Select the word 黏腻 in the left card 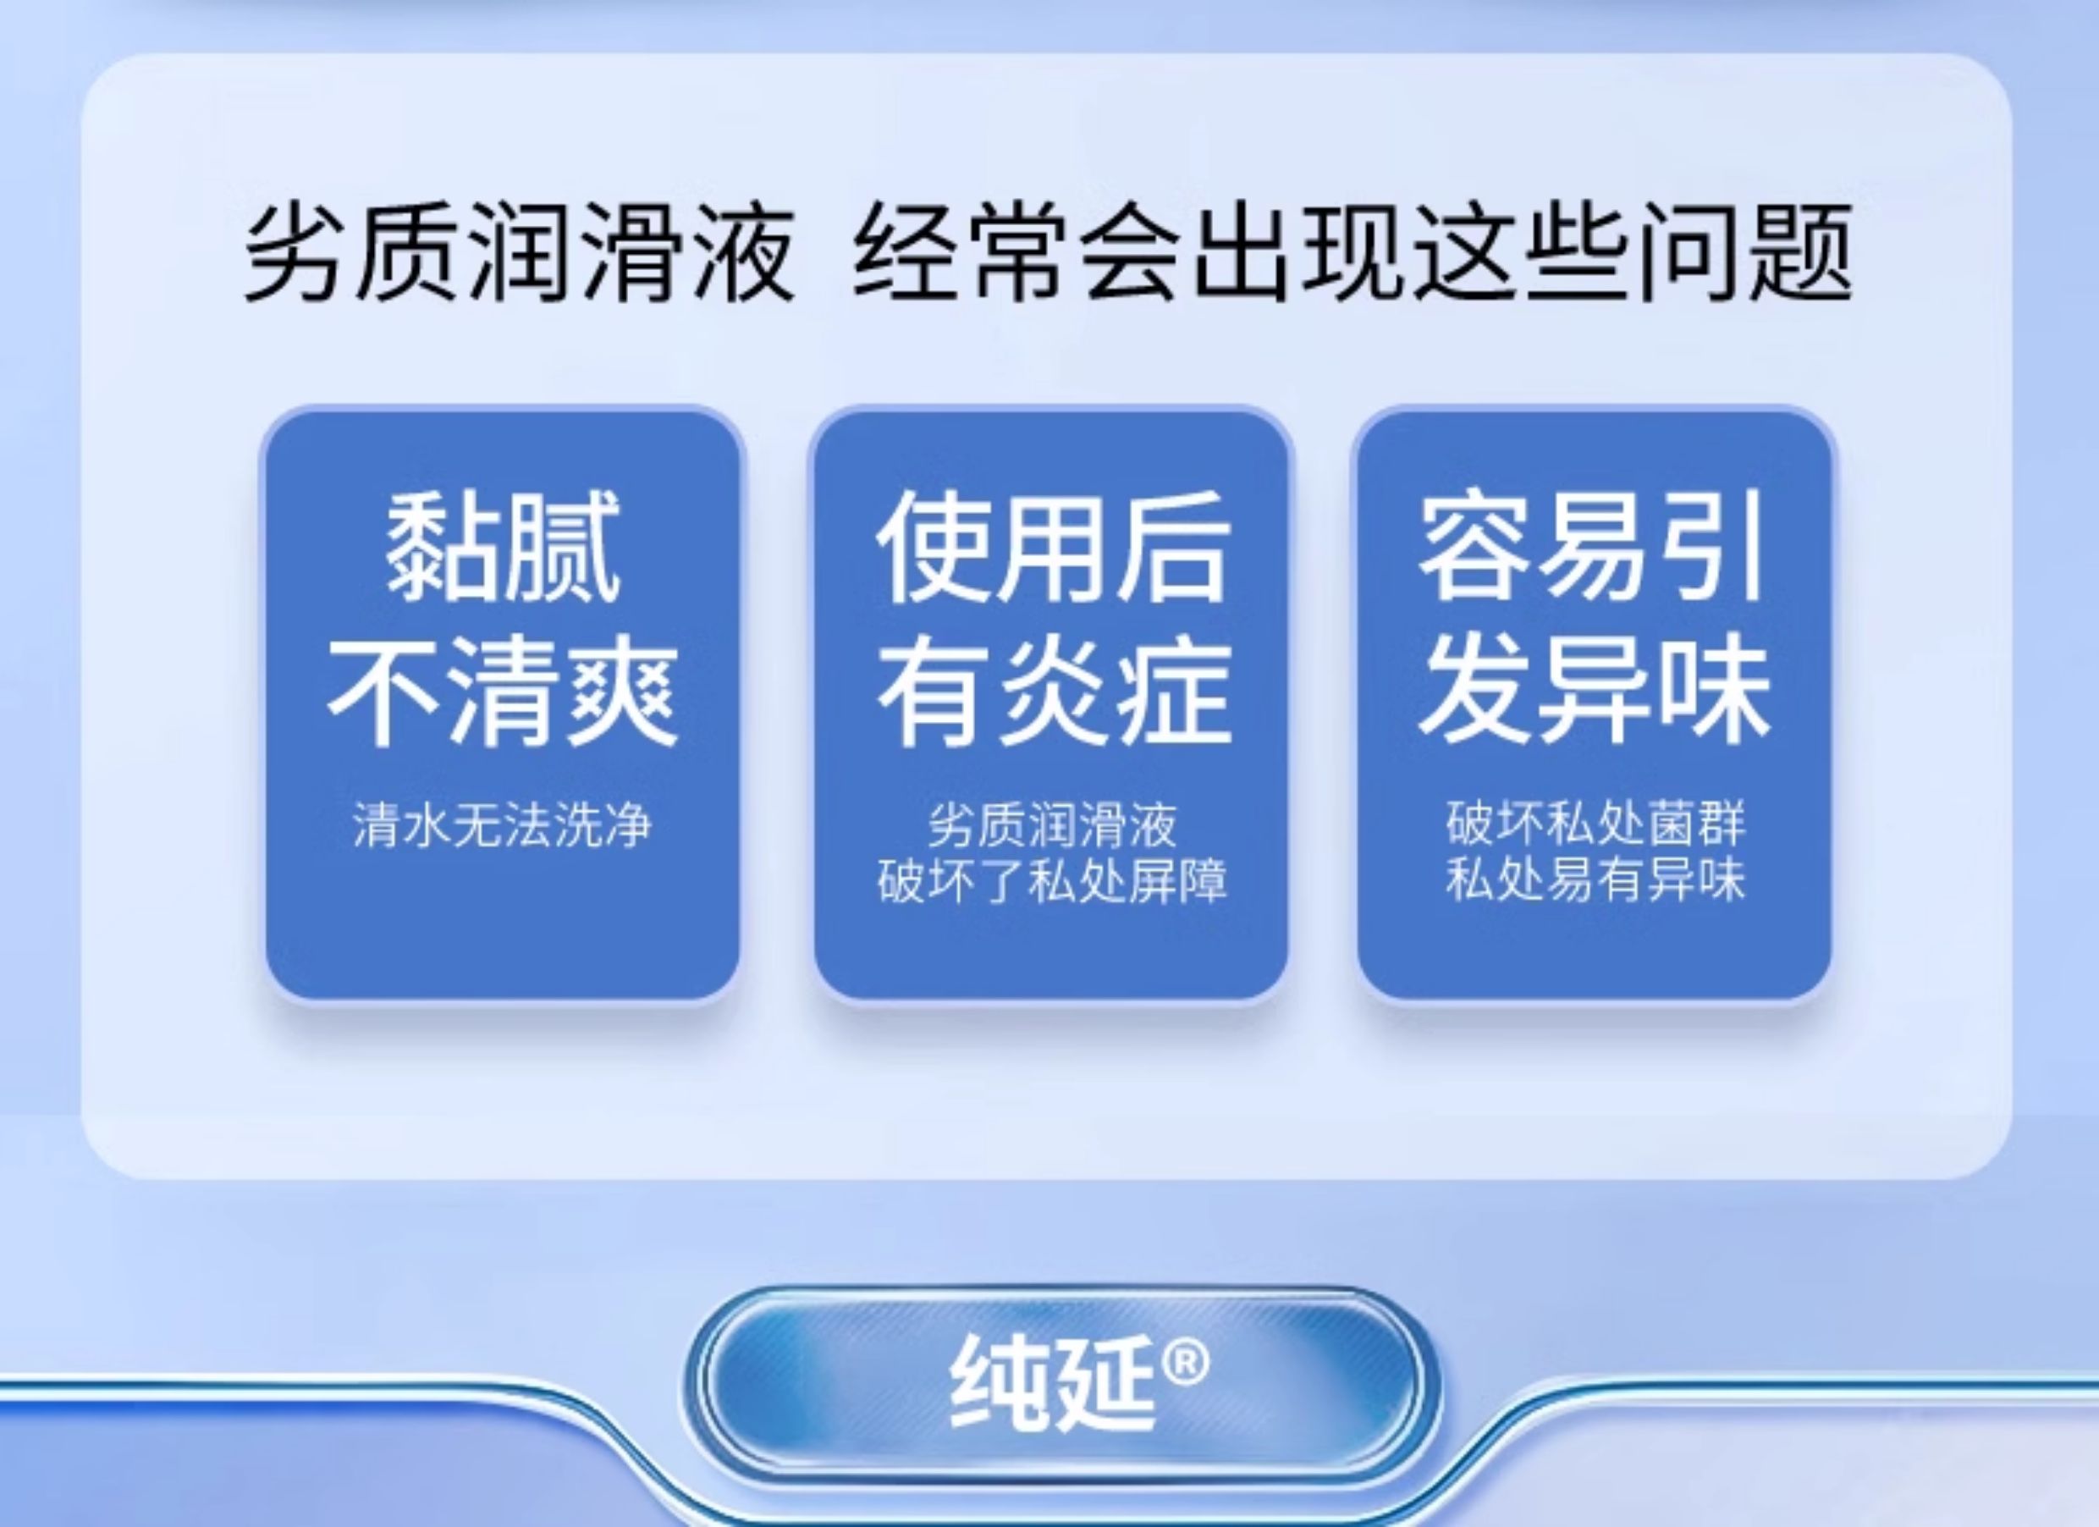tap(502, 548)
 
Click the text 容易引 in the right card tap(1594, 548)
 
